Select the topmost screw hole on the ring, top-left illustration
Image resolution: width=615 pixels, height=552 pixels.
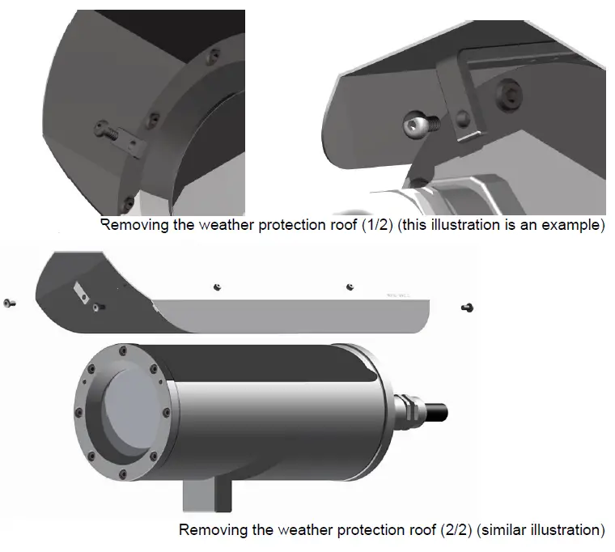click(x=212, y=55)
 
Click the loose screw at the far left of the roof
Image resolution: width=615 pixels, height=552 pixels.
click(x=9, y=302)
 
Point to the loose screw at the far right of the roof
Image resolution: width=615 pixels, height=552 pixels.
click(x=467, y=307)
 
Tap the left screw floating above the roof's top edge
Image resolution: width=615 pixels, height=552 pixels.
click(x=216, y=287)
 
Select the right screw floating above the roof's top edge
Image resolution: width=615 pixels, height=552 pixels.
click(x=349, y=287)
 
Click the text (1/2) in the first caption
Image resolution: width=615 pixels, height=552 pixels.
click(x=366, y=224)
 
